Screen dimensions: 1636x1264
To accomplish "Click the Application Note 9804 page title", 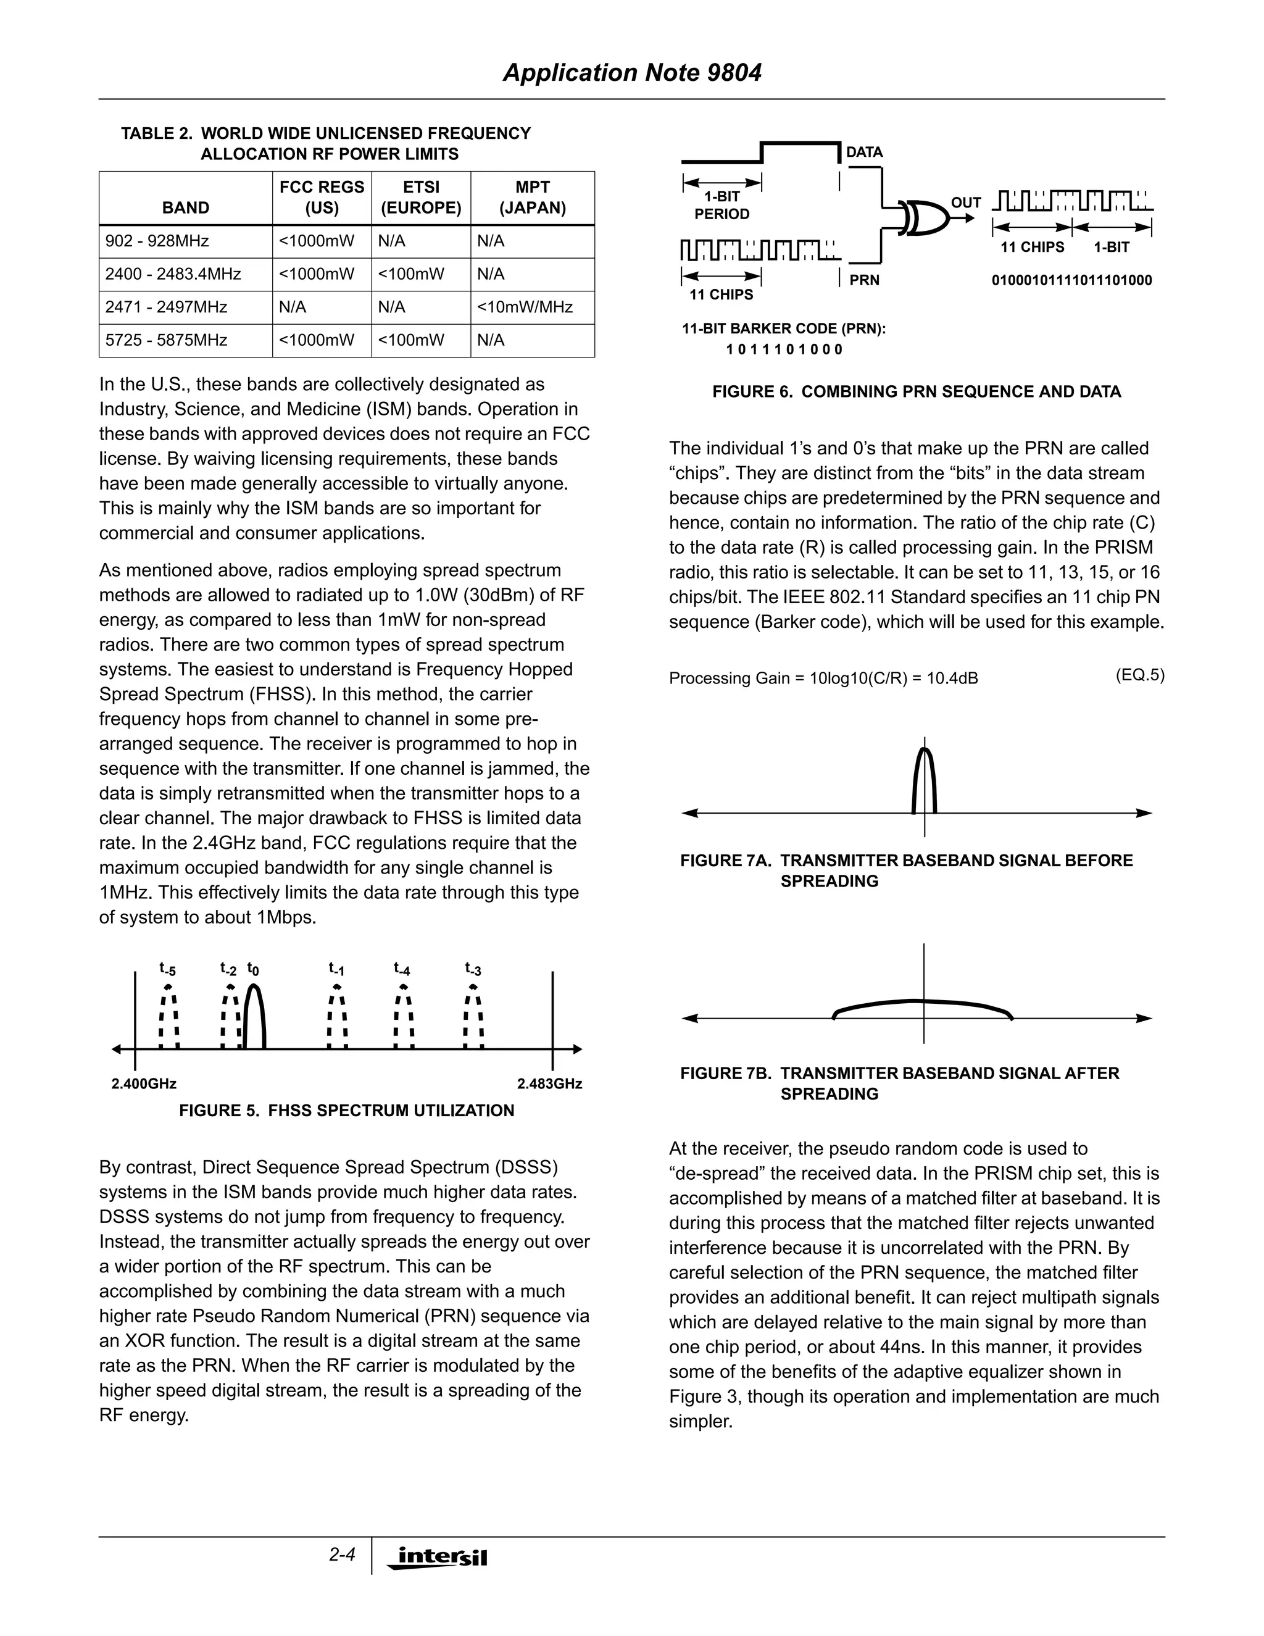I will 632,73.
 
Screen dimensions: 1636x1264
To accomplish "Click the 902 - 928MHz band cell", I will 157,241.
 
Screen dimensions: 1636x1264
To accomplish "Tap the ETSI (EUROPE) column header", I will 421,198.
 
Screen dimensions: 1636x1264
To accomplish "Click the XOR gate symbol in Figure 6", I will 925,218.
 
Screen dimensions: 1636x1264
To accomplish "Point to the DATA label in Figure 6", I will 865,152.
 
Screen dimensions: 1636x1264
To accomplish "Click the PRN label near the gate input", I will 864,280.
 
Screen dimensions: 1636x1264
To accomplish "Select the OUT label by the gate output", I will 966,203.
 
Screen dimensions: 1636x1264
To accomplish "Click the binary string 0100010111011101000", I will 1071,281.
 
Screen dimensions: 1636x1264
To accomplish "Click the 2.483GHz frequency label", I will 550,1084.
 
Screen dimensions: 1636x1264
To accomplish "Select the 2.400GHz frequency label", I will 144,1084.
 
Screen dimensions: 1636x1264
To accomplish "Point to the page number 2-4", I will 342,1555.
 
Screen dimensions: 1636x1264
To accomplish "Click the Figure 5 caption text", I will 347,1111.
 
